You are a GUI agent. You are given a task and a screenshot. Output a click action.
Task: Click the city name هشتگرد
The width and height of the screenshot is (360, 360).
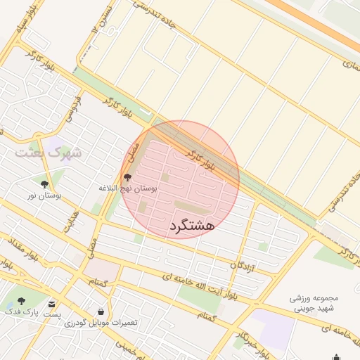(191, 226)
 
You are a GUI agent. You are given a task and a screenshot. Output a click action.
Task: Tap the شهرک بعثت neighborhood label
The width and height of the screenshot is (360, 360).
(49, 152)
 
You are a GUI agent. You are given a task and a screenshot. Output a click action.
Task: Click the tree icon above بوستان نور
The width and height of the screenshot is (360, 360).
(44, 184)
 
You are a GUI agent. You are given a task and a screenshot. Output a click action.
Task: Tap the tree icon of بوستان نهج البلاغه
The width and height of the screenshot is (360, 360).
(127, 178)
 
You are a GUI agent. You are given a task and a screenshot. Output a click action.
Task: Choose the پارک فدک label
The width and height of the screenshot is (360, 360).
(20, 311)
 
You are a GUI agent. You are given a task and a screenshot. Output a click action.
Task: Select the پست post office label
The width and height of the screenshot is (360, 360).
(51, 314)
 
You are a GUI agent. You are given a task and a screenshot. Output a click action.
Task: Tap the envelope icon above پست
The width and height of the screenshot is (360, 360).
(52, 304)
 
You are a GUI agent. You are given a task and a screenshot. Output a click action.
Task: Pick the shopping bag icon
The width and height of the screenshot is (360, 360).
(101, 311)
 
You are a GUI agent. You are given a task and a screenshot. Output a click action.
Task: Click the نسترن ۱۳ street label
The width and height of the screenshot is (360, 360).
(98, 28)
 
